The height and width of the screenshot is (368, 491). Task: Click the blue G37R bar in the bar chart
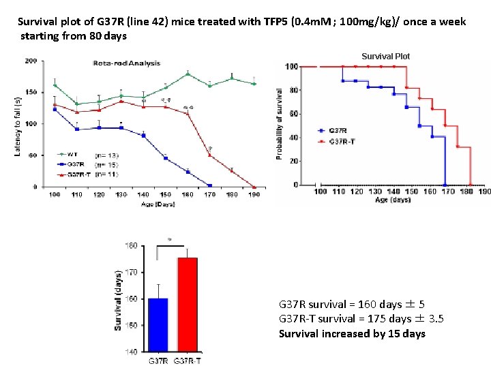(157, 325)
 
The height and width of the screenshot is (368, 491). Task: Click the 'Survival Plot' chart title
(386, 57)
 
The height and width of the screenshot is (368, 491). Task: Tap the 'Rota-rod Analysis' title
(127, 63)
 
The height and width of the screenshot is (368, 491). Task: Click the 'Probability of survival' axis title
(279, 124)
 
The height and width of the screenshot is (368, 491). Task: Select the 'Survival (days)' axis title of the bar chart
(118, 298)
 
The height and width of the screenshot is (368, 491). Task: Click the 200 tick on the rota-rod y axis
(31, 61)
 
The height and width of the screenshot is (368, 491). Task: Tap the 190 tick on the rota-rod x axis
(254, 195)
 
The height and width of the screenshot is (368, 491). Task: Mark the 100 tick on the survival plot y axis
(291, 67)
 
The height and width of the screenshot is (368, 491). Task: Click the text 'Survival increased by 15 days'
(352, 333)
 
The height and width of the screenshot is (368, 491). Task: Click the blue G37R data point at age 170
(209, 185)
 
